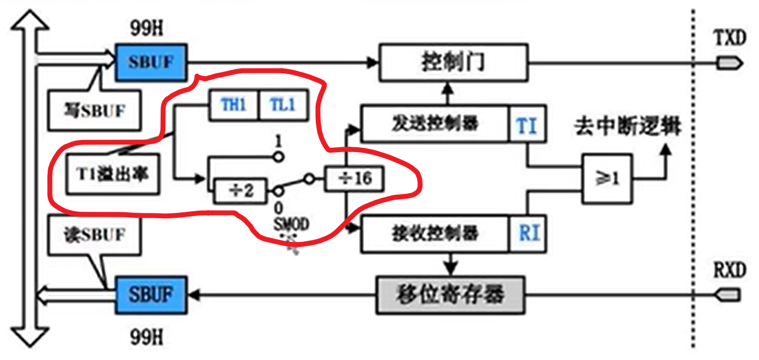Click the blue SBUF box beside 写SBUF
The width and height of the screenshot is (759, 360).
click(151, 62)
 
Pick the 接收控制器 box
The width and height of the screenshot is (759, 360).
click(435, 234)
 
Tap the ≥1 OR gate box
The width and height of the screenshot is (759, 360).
click(607, 178)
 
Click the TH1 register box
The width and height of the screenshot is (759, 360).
click(234, 104)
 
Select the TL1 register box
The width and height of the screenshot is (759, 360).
click(282, 104)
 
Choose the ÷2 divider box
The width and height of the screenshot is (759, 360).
click(241, 191)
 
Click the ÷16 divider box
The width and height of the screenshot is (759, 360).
click(353, 178)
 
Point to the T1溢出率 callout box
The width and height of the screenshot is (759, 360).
click(113, 175)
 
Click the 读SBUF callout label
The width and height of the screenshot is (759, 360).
click(94, 235)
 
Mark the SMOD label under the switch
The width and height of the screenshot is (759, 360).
click(292, 224)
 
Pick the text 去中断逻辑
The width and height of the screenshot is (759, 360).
click(627, 127)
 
